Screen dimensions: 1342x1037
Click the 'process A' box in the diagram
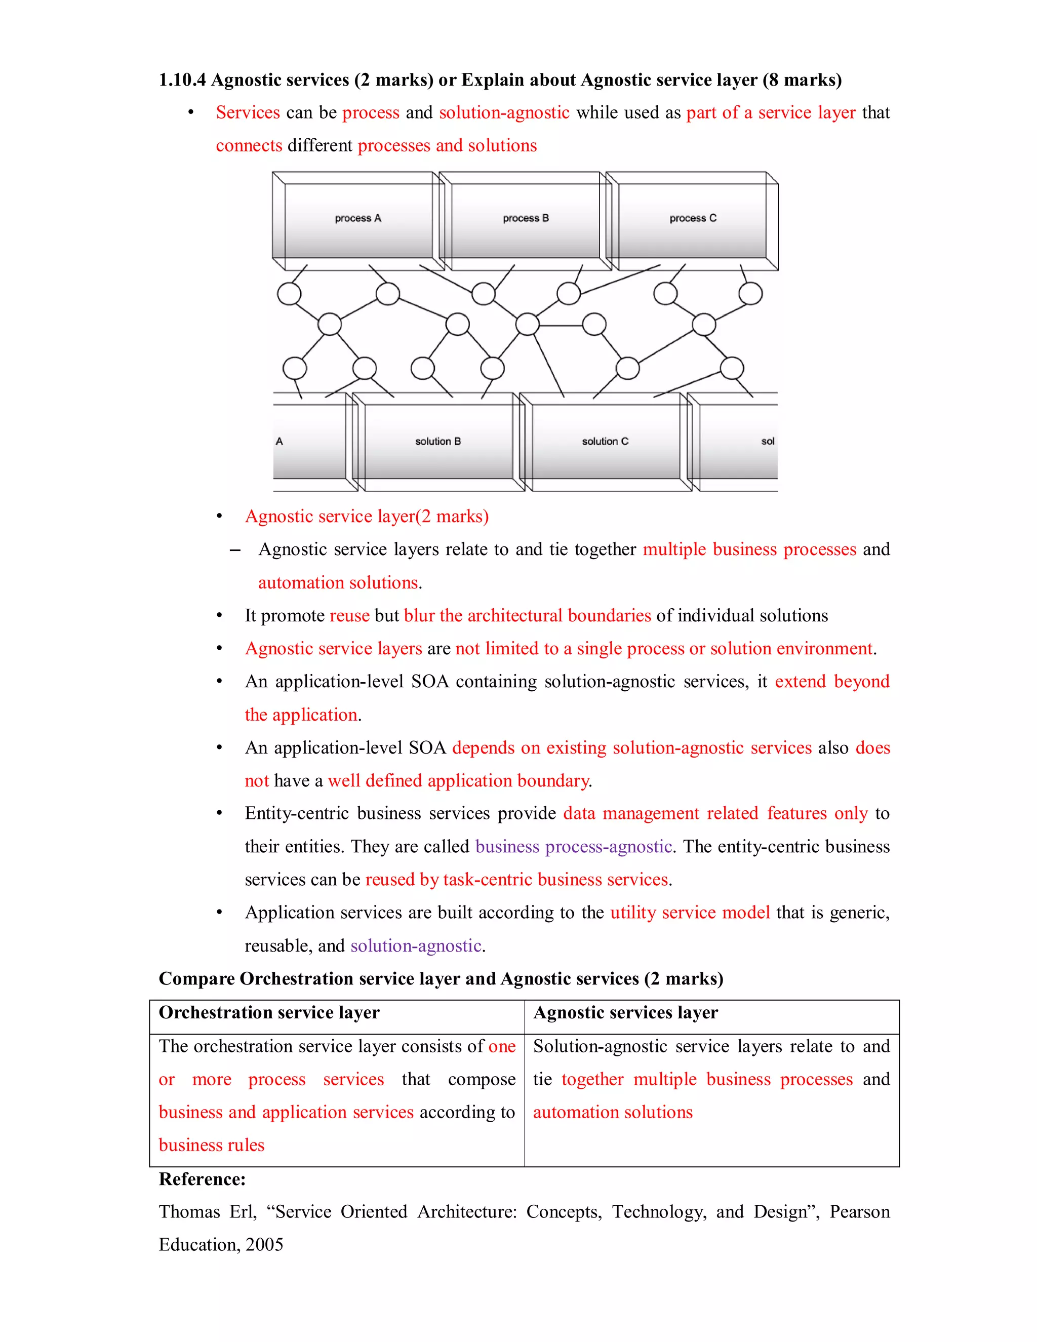[357, 219]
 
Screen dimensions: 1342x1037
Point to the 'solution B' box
[437, 442]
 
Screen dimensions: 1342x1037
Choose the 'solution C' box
[605, 442]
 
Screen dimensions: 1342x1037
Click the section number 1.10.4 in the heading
[182, 80]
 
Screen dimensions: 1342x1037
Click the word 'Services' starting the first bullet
[248, 113]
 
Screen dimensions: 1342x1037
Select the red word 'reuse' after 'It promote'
[349, 616]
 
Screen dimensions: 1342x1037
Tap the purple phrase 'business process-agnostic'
[573, 847]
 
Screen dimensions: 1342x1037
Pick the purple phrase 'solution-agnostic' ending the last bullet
[415, 945]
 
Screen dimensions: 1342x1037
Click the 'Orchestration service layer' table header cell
[269, 1013]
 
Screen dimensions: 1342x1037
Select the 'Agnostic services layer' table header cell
[625, 1013]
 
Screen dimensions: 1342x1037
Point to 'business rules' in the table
[211, 1146]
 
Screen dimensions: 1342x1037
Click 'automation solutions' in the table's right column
[613, 1112]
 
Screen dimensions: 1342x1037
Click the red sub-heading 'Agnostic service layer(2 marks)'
[367, 517]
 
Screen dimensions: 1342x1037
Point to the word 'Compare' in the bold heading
[196, 979]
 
